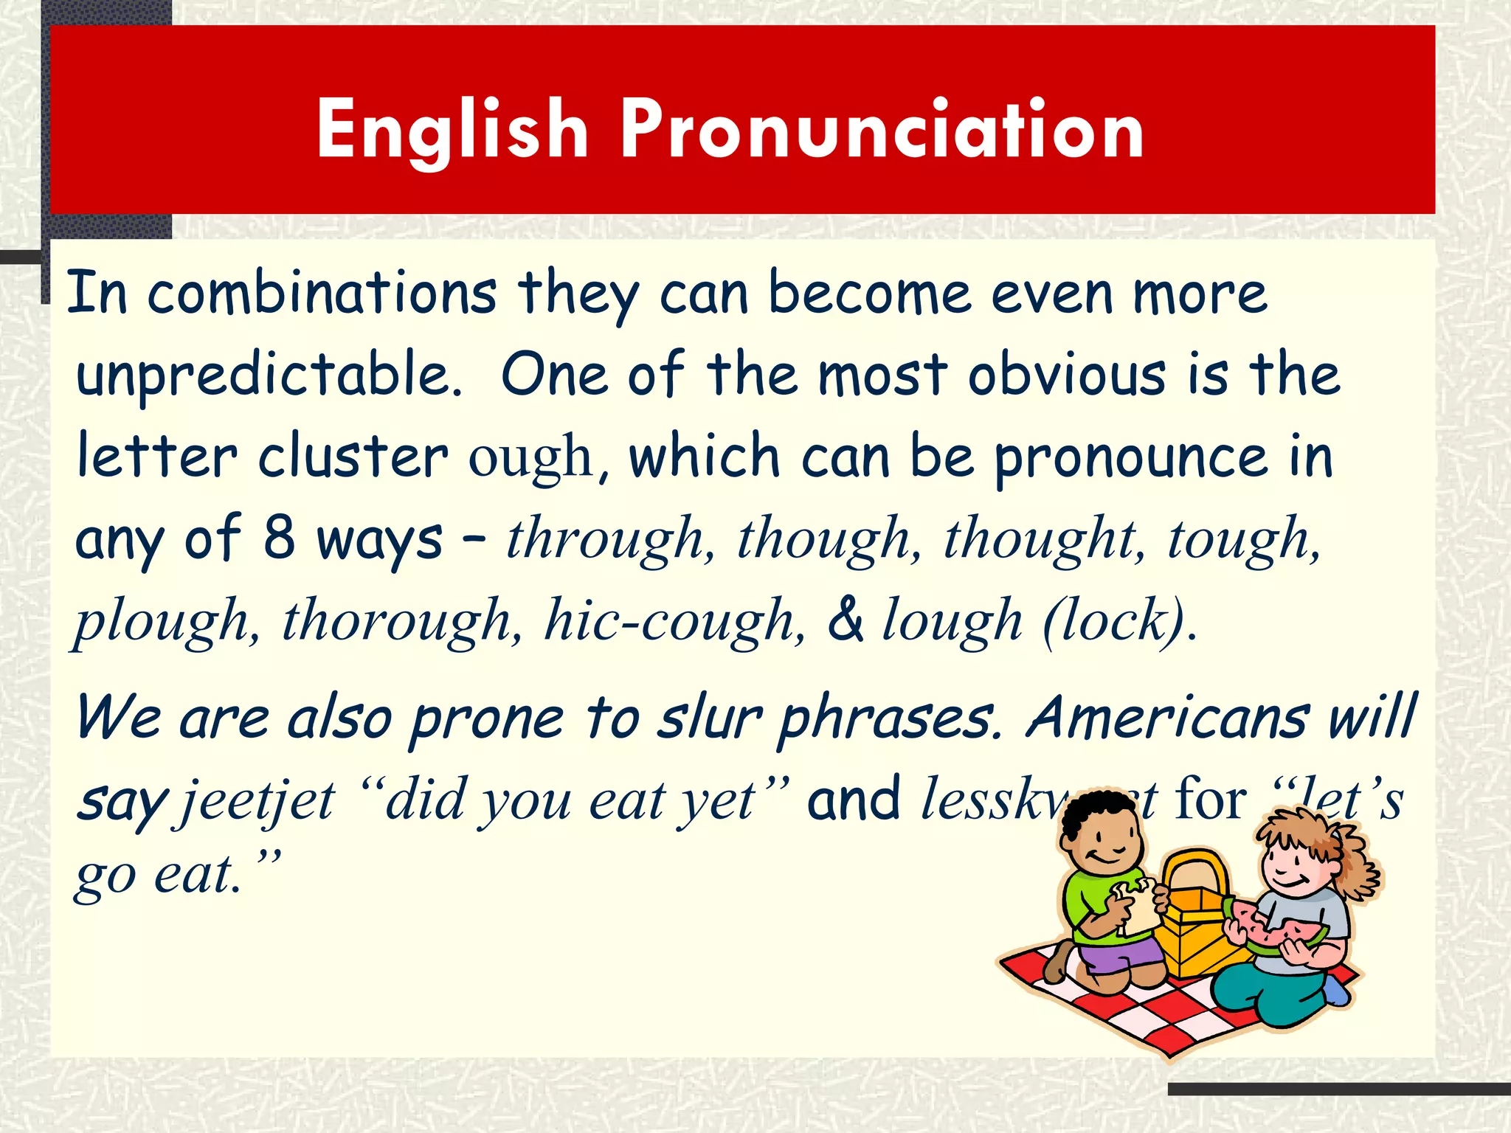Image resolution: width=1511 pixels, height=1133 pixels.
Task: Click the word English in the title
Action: click(x=452, y=131)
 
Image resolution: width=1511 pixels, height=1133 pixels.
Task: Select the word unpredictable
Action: click(x=269, y=375)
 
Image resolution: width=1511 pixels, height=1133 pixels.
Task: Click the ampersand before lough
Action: click(x=846, y=620)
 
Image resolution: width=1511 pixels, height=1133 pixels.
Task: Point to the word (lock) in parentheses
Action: click(x=1118, y=622)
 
